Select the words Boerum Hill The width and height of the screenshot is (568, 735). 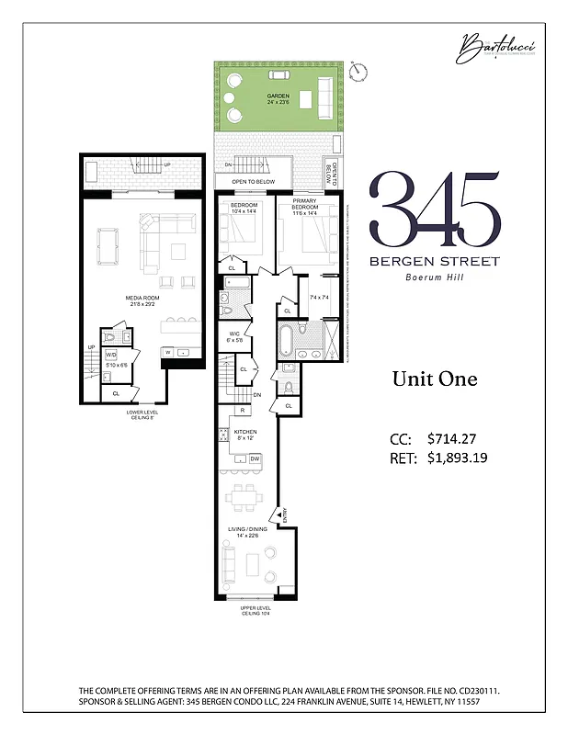[x=435, y=278]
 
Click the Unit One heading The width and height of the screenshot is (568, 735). [x=435, y=379]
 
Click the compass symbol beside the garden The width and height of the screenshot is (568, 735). [x=359, y=69]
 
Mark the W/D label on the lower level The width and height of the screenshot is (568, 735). [x=110, y=354]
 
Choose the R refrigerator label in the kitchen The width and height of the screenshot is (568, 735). [x=241, y=411]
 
